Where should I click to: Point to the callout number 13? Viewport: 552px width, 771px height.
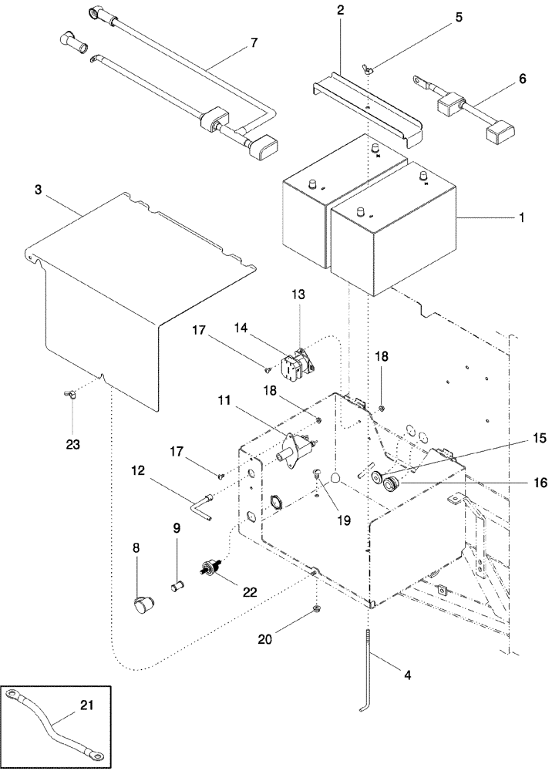coord(299,295)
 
